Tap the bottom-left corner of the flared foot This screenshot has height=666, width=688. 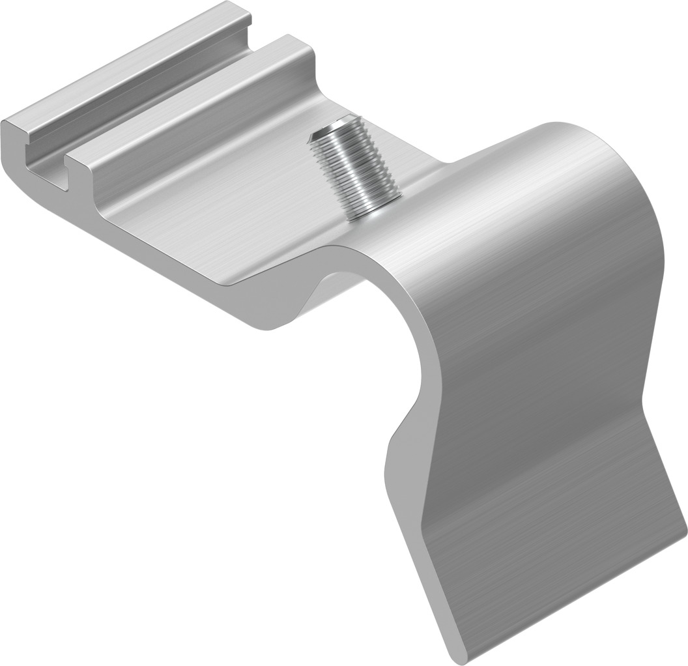pyautogui.click(x=456, y=655)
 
